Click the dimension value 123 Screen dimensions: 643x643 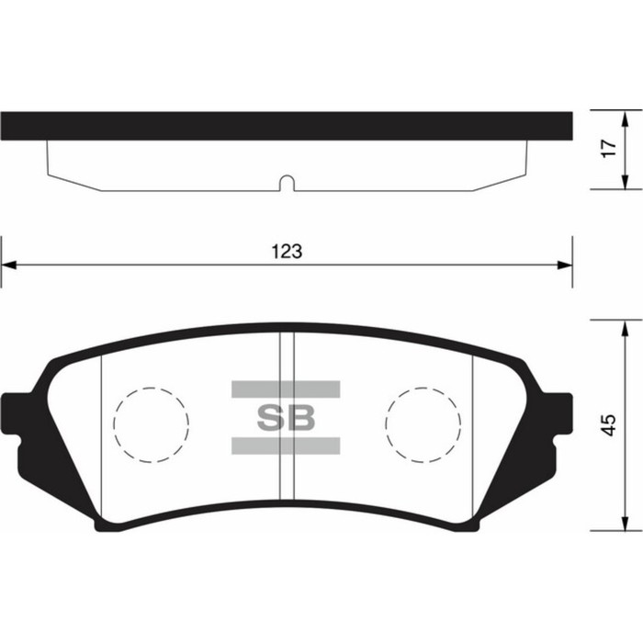(287, 251)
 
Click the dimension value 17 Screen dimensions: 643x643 (607, 150)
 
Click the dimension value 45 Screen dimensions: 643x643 (607, 425)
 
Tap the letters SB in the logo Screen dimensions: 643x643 (285, 418)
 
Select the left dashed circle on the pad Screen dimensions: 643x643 (151, 423)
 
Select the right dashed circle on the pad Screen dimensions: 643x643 (423, 423)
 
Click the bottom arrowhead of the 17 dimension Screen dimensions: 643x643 (626, 183)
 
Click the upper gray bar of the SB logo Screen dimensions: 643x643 (285, 389)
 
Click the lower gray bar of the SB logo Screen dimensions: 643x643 (285, 446)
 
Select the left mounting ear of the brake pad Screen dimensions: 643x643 (17, 421)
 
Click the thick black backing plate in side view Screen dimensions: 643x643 (287, 124)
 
